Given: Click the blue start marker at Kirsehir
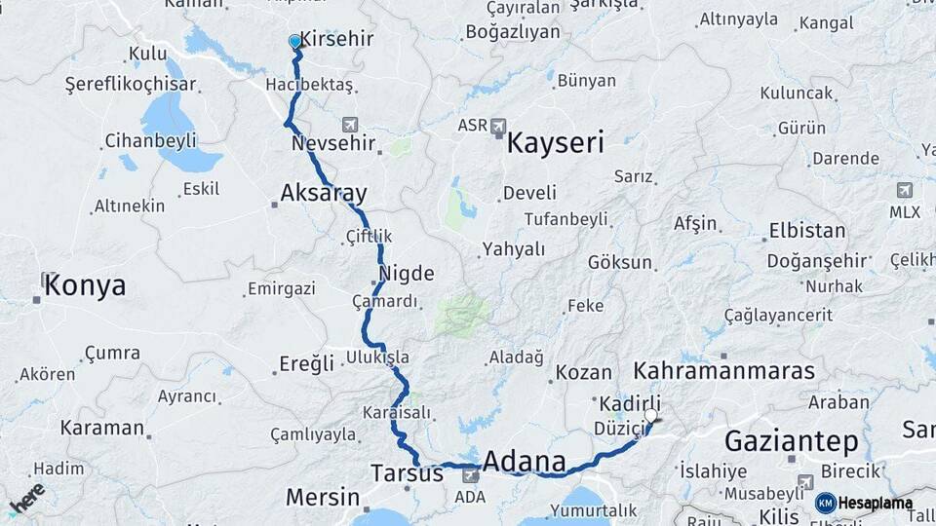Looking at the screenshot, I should [x=294, y=42].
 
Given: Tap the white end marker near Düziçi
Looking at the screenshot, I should [x=650, y=415].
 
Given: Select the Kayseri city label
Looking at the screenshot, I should [x=555, y=144].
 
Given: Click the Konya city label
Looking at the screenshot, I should [x=85, y=285].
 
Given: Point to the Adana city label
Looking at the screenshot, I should [x=525, y=461].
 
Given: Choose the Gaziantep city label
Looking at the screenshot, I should [x=792, y=442].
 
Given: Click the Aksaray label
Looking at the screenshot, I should [x=322, y=193].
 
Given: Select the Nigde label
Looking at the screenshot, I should [x=407, y=273].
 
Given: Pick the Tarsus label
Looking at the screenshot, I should [x=407, y=473].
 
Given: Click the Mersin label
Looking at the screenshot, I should [x=323, y=497].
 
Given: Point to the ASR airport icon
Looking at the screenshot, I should [x=499, y=126].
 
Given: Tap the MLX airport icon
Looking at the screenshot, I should [x=904, y=190].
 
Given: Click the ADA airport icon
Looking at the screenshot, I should [x=471, y=474].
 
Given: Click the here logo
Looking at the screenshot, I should [x=26, y=499].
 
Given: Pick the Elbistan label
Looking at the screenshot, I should [x=807, y=232].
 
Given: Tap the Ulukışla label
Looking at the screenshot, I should [x=377, y=358].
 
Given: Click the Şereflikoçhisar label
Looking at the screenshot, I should [x=125, y=85].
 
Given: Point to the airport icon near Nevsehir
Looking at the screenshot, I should [x=350, y=125].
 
